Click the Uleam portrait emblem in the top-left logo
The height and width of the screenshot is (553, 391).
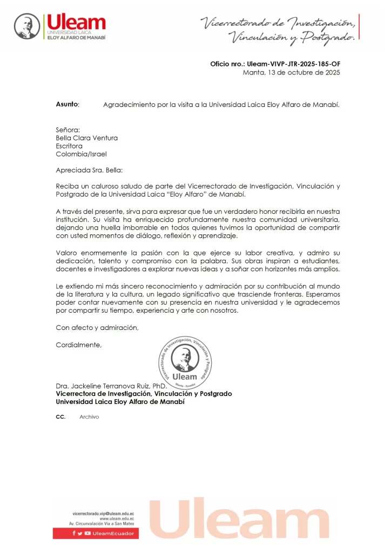(x=27, y=26)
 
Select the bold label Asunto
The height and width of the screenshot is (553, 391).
(x=68, y=104)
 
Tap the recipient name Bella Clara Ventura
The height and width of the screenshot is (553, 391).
(x=86, y=138)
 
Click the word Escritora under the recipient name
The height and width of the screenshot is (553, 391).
(x=69, y=146)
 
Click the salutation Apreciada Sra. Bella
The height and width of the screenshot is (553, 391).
(x=89, y=170)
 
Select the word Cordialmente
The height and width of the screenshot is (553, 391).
(x=78, y=345)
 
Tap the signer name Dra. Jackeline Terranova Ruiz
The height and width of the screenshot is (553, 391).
(x=112, y=386)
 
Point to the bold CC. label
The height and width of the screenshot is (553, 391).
(x=60, y=417)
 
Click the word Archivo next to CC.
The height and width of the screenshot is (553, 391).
(x=89, y=417)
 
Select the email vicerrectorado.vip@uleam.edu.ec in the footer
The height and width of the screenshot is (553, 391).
(x=103, y=512)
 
